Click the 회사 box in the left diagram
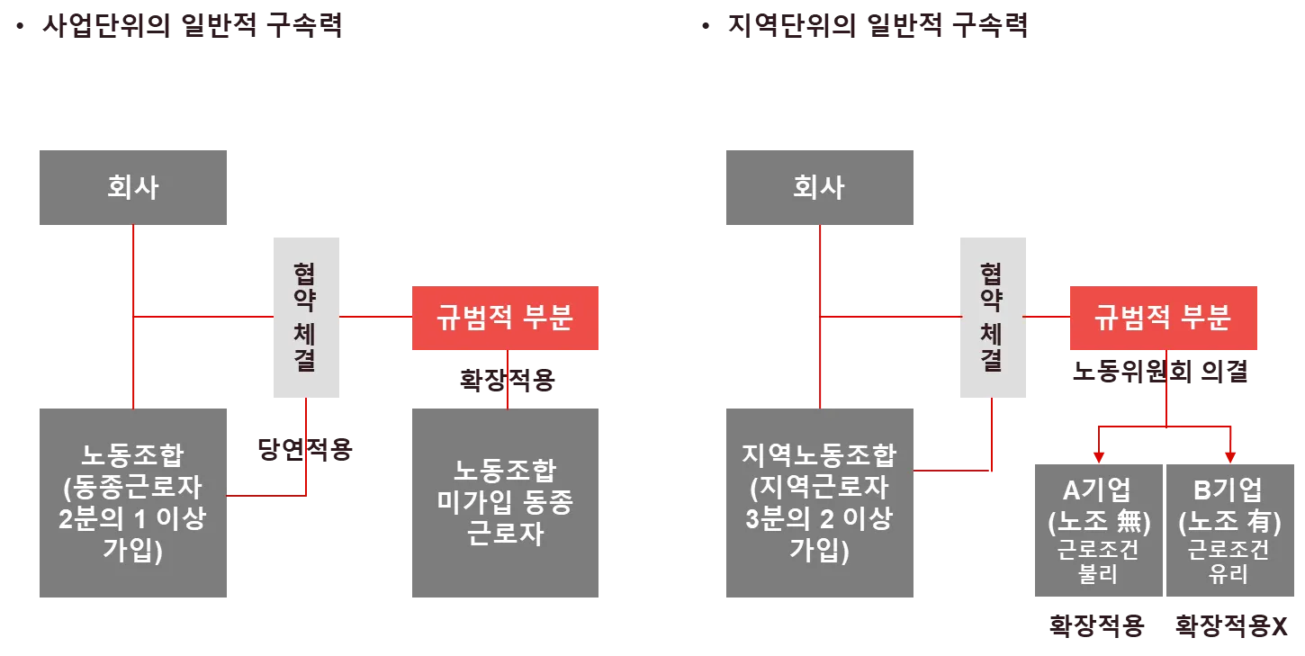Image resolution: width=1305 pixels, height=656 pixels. (x=133, y=187)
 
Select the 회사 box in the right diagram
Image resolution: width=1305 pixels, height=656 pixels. (x=817, y=187)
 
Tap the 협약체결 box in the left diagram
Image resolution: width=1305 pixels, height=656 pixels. (x=309, y=319)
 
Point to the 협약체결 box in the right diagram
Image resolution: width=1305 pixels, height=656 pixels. (x=992, y=319)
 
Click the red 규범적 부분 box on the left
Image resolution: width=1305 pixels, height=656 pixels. (x=506, y=318)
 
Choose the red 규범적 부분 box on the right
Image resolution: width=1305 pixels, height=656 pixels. (x=1162, y=318)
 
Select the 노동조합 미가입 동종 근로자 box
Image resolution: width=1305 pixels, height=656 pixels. (x=507, y=500)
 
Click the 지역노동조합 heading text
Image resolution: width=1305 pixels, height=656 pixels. (x=819, y=455)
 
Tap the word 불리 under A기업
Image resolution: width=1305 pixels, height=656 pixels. (x=1097, y=573)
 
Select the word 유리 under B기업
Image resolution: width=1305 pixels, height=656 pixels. (x=1228, y=573)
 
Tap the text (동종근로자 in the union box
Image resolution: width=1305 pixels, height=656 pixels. (x=132, y=487)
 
